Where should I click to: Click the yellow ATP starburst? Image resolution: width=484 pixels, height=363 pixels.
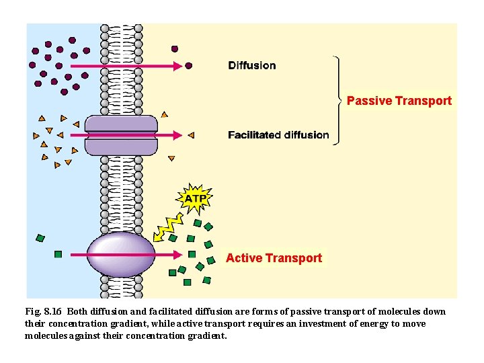click(195, 198)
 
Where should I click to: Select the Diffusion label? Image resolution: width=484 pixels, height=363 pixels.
click(251, 65)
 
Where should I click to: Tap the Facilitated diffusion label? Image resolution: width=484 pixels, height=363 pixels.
click(278, 135)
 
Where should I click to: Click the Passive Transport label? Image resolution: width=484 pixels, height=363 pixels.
click(399, 101)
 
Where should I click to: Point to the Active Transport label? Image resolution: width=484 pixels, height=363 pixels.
click(274, 258)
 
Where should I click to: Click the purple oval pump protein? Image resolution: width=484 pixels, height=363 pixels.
click(121, 255)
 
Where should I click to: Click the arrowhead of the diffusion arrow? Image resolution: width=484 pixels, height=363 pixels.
click(178, 66)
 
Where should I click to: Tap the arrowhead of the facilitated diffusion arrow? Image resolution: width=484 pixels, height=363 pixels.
click(178, 135)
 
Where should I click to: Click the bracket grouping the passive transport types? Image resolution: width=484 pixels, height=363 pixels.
click(338, 100)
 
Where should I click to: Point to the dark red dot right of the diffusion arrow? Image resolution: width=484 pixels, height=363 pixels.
click(189, 66)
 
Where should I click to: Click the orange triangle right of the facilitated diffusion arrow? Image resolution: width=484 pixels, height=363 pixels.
click(190, 135)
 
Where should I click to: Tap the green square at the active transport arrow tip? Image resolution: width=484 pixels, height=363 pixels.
click(192, 255)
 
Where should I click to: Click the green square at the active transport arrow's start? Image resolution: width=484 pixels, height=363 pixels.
click(58, 255)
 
